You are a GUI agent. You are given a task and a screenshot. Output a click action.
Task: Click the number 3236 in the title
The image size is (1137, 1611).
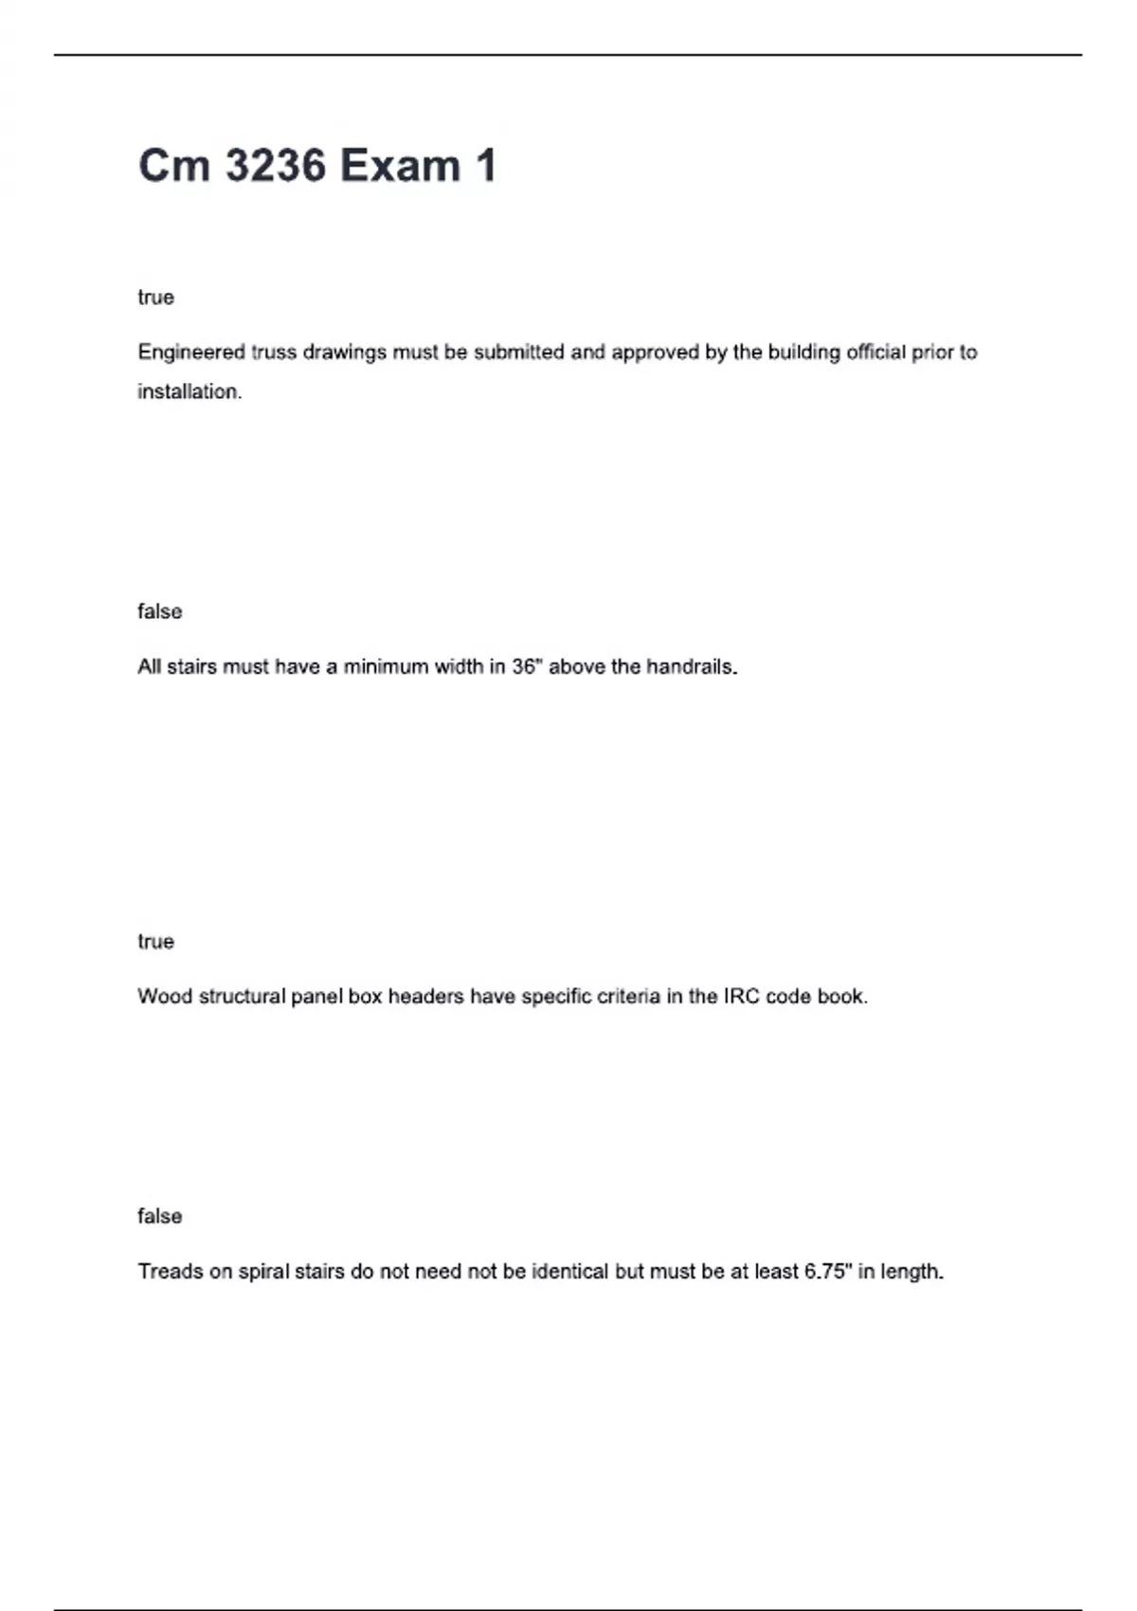(275, 166)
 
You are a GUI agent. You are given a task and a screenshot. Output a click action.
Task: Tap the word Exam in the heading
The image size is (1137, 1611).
(400, 166)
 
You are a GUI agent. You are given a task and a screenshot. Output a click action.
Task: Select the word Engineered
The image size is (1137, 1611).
(191, 353)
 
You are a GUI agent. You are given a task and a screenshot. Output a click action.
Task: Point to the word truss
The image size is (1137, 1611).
(273, 353)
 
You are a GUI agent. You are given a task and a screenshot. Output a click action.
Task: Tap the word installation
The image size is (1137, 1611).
(189, 391)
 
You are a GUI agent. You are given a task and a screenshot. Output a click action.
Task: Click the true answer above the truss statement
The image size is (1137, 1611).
(155, 298)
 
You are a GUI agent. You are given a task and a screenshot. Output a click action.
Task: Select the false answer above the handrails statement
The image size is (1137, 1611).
(159, 611)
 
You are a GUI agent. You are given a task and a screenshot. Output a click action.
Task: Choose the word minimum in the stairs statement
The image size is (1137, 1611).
(385, 666)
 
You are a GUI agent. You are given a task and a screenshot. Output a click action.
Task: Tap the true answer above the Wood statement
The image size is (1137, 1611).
(155, 941)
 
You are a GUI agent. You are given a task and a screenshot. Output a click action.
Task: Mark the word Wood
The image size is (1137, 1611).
(164, 996)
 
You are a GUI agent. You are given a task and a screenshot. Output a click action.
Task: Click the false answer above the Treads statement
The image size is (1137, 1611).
(159, 1216)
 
